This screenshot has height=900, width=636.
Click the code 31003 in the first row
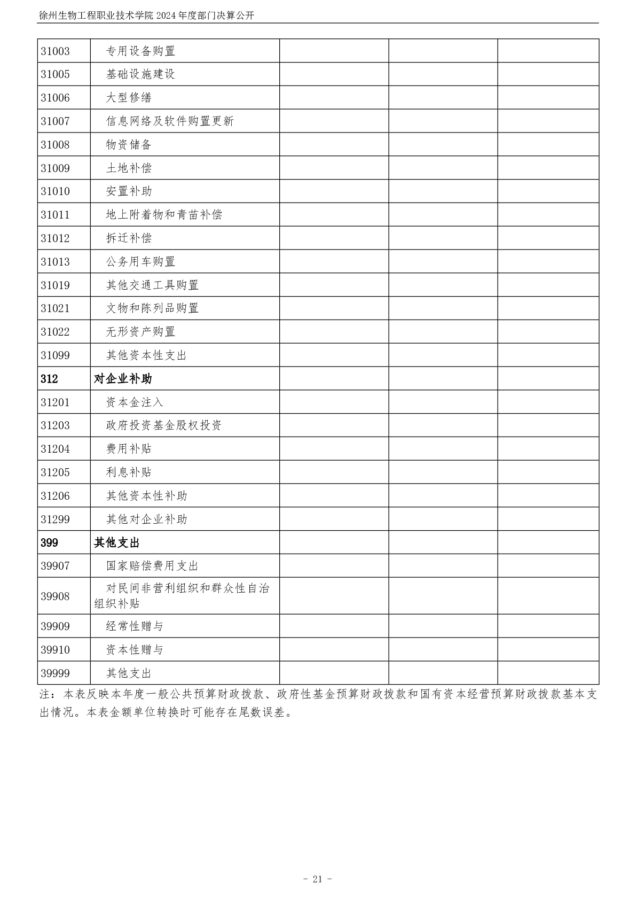click(56, 51)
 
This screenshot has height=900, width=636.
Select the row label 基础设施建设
click(140, 74)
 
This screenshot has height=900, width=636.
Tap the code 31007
click(56, 121)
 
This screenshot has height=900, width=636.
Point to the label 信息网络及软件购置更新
click(170, 121)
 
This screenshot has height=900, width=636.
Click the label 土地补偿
click(129, 168)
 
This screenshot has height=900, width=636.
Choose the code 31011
click(56, 215)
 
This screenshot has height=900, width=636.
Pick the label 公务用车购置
click(140, 262)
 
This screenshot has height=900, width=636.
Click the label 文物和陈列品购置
click(152, 308)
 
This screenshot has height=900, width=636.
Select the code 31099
click(56, 355)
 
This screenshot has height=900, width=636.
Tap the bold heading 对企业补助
click(123, 379)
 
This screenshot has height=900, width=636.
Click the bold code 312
click(49, 379)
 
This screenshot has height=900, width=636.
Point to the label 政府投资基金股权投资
click(164, 425)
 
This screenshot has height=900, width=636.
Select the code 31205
click(56, 472)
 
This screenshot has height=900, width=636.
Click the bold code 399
click(49, 543)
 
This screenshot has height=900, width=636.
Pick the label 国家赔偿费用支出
click(152, 566)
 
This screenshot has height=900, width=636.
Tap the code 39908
click(56, 596)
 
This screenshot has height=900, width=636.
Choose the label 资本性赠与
click(135, 650)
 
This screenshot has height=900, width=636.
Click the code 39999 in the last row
click(56, 673)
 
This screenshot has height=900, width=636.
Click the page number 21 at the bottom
click(318, 879)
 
